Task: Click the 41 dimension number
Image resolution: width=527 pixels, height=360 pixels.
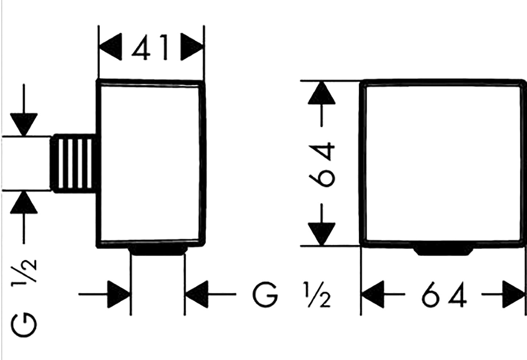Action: [150, 47]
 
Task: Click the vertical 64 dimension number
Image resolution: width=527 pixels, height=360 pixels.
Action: [322, 164]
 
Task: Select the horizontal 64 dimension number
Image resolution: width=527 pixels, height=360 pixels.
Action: [444, 294]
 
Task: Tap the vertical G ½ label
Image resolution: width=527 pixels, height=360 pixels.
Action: [24, 298]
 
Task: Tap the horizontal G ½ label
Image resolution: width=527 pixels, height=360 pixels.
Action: [291, 294]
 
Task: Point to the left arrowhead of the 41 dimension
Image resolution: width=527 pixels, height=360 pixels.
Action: [110, 47]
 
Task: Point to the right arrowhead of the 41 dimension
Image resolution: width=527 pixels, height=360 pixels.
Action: [192, 47]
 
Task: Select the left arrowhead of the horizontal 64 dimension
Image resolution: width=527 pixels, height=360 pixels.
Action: [373, 294]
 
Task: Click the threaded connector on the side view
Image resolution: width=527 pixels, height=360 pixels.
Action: [73, 164]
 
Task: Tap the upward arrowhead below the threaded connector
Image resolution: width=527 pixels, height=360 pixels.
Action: [24, 202]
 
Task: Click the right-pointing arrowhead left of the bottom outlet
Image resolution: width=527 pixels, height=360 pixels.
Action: [119, 294]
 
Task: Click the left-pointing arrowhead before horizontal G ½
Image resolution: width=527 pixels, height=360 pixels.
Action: [197, 294]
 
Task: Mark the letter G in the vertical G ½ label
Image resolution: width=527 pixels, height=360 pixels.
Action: [24, 325]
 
